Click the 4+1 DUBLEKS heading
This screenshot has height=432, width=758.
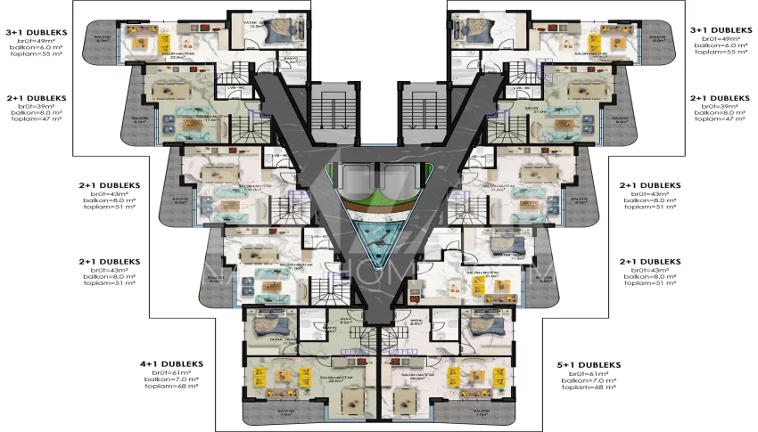pos(171,364)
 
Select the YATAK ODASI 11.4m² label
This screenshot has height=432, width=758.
pos(505,256)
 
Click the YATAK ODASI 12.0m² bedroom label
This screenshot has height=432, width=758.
pos(259,24)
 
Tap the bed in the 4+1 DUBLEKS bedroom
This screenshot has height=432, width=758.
pos(267,326)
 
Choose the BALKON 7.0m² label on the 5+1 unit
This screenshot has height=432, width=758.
pos(480,413)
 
